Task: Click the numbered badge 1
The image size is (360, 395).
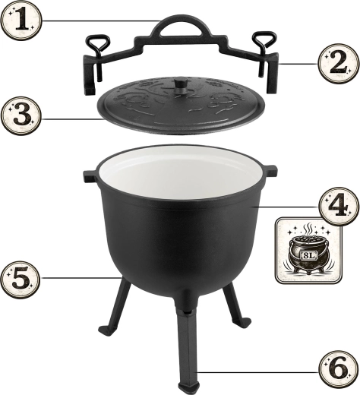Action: click(21, 21)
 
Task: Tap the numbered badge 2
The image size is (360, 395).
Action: click(339, 63)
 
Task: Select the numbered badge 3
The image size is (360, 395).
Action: click(21, 116)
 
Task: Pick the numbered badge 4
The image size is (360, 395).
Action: click(339, 206)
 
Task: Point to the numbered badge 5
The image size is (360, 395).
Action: click(21, 279)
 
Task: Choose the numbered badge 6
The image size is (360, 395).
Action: click(339, 370)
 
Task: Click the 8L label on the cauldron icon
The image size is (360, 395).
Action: click(308, 255)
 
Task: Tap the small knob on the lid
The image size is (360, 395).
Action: click(181, 86)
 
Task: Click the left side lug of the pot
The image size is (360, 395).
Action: click(90, 175)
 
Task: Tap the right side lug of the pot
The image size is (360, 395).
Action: click(270, 170)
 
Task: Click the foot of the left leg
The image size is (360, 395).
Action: click(106, 330)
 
